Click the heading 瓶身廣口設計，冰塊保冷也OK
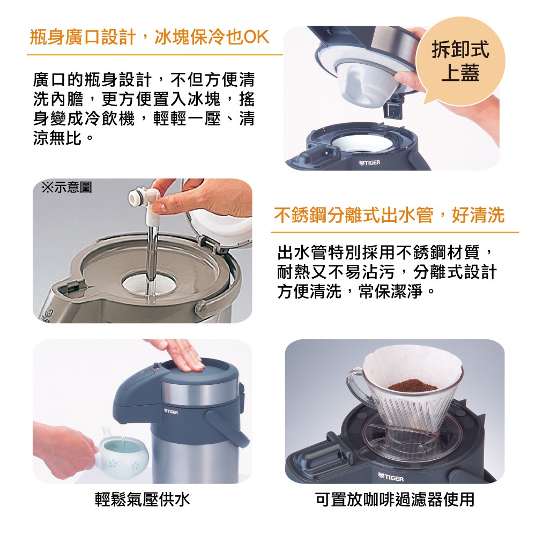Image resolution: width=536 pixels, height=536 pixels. [150, 37]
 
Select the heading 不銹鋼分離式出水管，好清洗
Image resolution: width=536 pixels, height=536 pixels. [389, 215]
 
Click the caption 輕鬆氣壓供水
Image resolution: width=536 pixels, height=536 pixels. [142, 500]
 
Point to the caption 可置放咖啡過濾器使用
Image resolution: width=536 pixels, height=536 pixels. [395, 500]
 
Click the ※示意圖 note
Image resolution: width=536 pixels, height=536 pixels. [66, 187]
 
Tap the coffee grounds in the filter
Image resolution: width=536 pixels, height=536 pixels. [413, 385]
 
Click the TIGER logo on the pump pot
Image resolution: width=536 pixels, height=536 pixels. [171, 412]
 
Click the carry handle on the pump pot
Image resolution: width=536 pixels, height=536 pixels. [226, 427]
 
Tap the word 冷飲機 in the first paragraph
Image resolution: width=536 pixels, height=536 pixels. [109, 118]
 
